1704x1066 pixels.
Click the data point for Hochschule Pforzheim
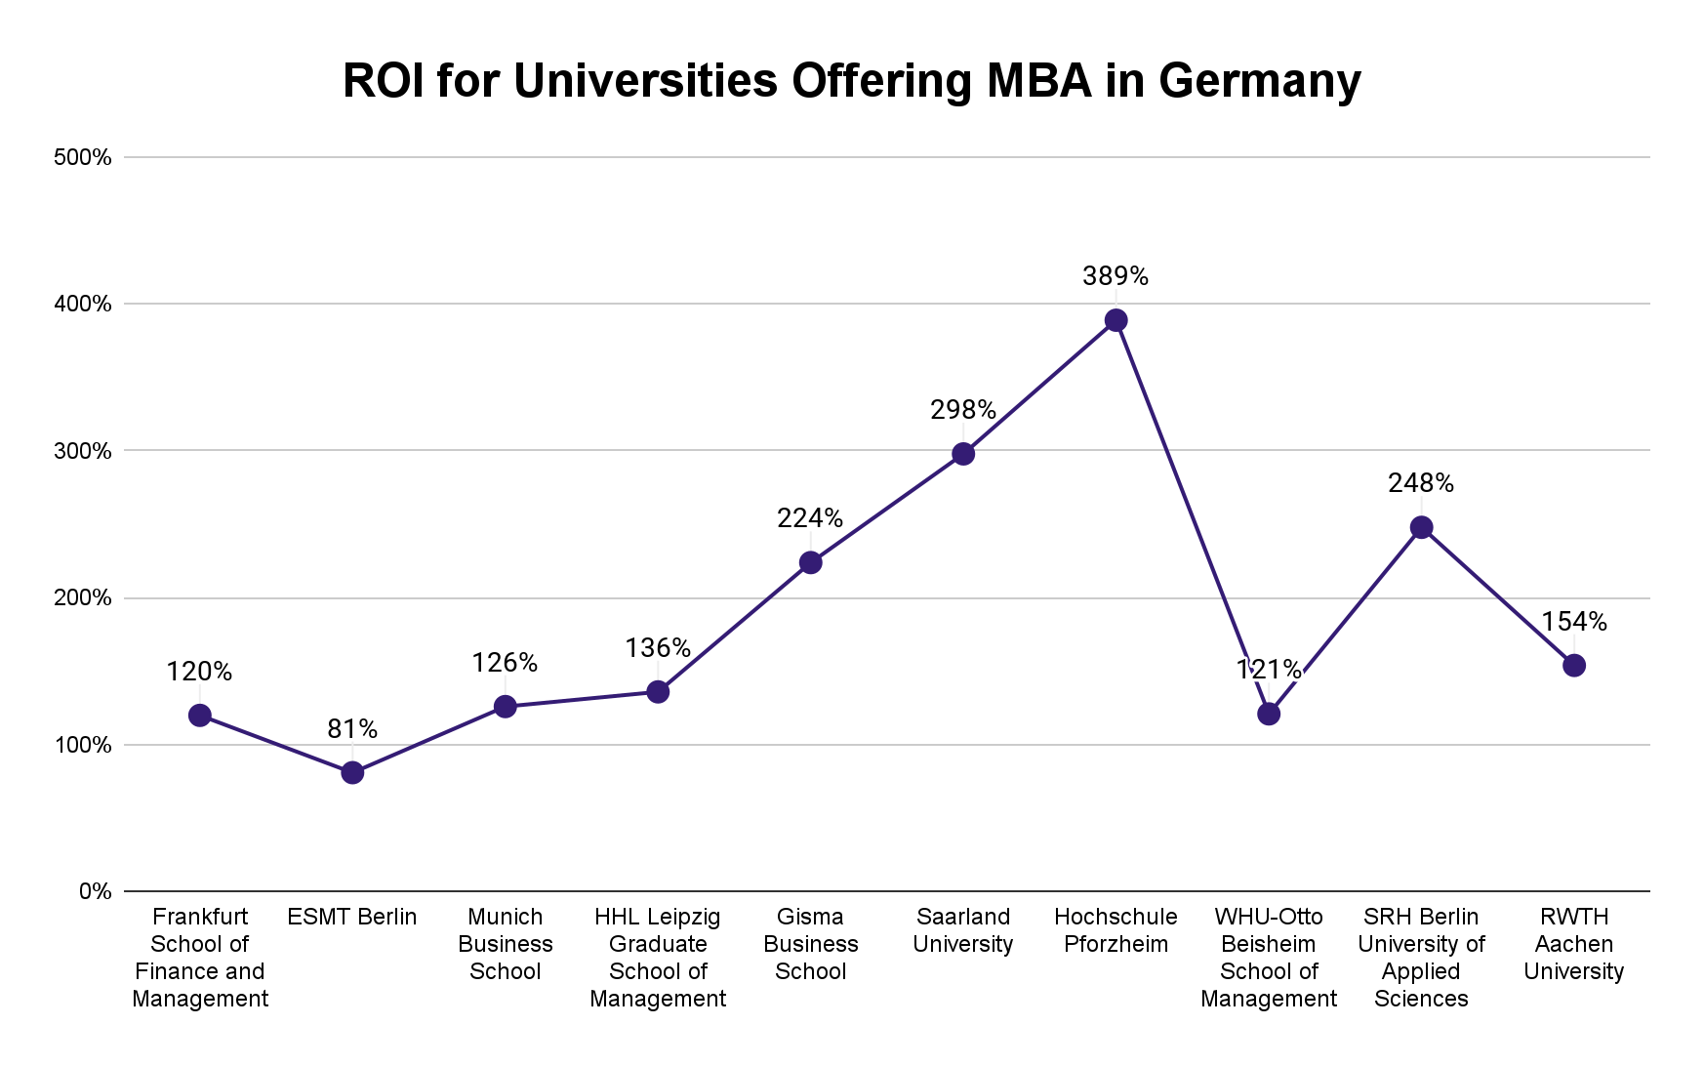pyautogui.click(x=1116, y=320)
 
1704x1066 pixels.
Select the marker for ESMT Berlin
pyautogui.click(x=352, y=772)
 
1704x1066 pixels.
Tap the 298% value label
pyautogui.click(x=962, y=410)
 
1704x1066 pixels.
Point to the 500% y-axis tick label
pyautogui.click(x=82, y=157)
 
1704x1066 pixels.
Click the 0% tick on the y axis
pyautogui.click(x=95, y=891)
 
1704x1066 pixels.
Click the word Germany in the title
pyautogui.click(x=1259, y=80)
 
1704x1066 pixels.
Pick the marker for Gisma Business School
pyautogui.click(x=810, y=562)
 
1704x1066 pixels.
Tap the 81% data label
pyautogui.click(x=352, y=728)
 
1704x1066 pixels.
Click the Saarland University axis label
pyautogui.click(x=962, y=930)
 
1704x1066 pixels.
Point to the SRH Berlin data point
pyautogui.click(x=1421, y=527)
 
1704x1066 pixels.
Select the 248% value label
pyautogui.click(x=1421, y=483)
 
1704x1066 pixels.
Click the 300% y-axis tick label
pyautogui.click(x=82, y=451)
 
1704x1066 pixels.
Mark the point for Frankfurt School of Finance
pyautogui.click(x=200, y=715)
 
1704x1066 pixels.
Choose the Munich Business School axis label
pyautogui.click(x=505, y=944)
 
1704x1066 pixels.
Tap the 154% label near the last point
pyautogui.click(x=1573, y=622)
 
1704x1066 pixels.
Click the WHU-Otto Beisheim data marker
pyautogui.click(x=1268, y=714)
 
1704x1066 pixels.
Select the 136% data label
pyautogui.click(x=657, y=648)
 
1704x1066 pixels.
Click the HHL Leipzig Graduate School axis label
pyautogui.click(x=657, y=958)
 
